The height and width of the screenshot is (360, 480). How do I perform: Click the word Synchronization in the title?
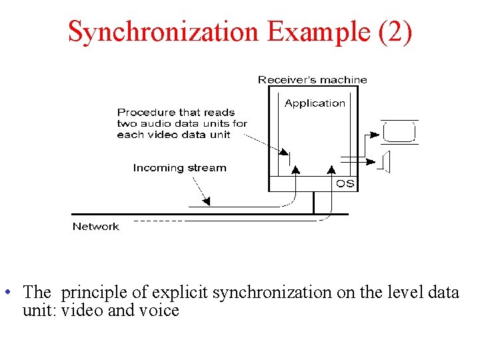[163, 31]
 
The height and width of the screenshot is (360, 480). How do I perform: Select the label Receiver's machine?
[312, 80]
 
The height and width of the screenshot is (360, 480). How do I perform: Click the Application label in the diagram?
[315, 103]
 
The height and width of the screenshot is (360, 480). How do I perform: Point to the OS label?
[345, 183]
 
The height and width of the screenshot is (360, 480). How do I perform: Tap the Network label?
[95, 227]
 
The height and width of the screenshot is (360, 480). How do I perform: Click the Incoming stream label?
[179, 168]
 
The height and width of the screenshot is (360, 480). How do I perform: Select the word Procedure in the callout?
[142, 113]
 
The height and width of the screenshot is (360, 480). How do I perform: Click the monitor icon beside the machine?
[399, 131]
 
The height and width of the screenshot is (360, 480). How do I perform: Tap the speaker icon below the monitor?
[385, 162]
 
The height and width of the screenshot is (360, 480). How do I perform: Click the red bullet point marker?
[6, 292]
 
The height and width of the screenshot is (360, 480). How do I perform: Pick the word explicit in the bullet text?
[180, 292]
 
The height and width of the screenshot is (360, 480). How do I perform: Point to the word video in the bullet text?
[81, 310]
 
